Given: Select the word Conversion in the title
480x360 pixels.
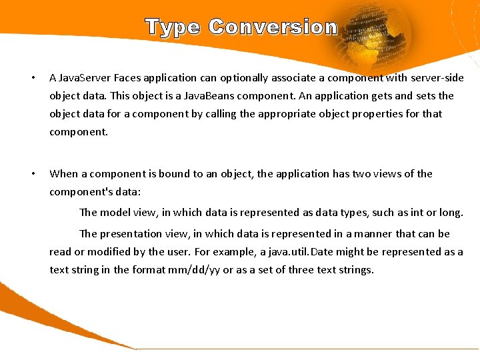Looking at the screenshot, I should (x=273, y=27).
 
